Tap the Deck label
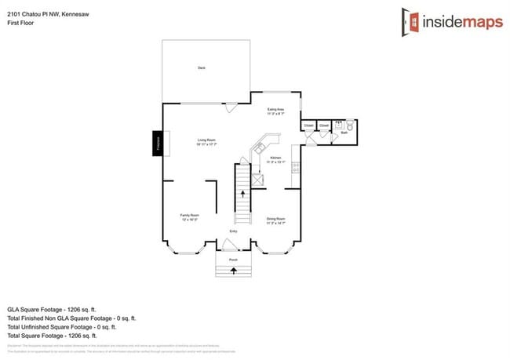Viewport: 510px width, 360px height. pyautogui.click(x=202, y=68)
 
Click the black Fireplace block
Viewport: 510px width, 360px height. pyautogui.click(x=158, y=144)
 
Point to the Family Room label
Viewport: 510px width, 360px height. pyautogui.click(x=190, y=216)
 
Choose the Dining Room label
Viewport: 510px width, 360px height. pyautogui.click(x=275, y=220)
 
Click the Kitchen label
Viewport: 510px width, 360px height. pyautogui.click(x=275, y=159)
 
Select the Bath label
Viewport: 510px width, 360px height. pyautogui.click(x=344, y=133)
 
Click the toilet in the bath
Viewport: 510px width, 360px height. pyautogui.click(x=350, y=125)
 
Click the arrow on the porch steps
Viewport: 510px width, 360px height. pyautogui.click(x=233, y=271)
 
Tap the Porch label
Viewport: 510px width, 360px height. pyautogui.click(x=233, y=260)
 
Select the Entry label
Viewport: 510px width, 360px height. pyautogui.click(x=233, y=231)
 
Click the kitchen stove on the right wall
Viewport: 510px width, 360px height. pyautogui.click(x=296, y=166)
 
